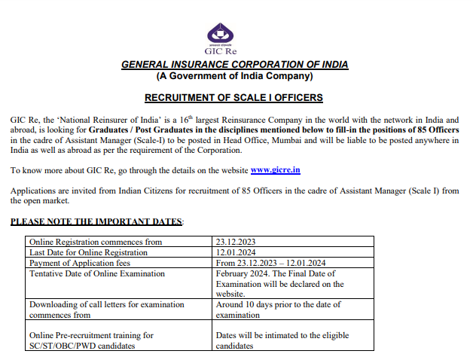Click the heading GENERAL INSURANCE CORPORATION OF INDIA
point(234,65)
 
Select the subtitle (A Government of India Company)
point(234,76)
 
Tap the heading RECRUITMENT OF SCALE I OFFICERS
point(233,98)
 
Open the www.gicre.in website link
point(275,170)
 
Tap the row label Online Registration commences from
point(96,242)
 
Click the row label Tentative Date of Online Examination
point(96,273)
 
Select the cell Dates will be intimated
point(282,340)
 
